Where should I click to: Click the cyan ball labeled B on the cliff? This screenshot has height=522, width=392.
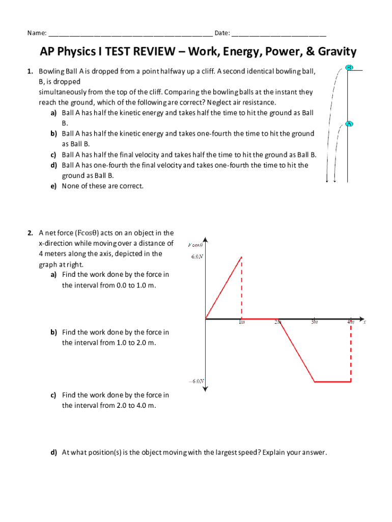point(349,67)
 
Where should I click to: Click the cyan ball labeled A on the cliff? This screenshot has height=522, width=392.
point(349,123)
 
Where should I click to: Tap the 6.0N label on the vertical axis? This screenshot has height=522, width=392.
point(197,257)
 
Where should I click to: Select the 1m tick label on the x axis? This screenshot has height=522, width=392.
point(242,322)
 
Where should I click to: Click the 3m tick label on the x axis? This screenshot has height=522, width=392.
point(314,322)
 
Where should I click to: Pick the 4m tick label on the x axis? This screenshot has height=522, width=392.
point(350,322)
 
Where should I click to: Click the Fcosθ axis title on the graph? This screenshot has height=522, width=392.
point(196,245)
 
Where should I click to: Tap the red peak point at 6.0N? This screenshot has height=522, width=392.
point(242,256)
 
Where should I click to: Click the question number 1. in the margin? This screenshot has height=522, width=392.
point(31,71)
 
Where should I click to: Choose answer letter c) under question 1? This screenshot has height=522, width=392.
point(53,154)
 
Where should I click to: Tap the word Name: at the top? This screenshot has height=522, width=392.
point(37,34)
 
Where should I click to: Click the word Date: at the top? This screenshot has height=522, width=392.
point(222,34)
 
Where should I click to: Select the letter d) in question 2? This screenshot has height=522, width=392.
point(53,452)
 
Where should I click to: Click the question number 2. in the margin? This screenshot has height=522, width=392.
point(31,233)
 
